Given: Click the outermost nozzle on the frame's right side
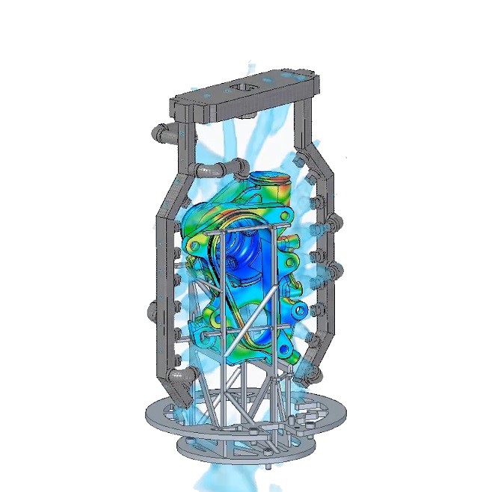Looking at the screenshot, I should point(335,221).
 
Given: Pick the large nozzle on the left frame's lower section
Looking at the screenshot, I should point(156,307).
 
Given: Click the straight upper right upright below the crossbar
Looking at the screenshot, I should point(304,127).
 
